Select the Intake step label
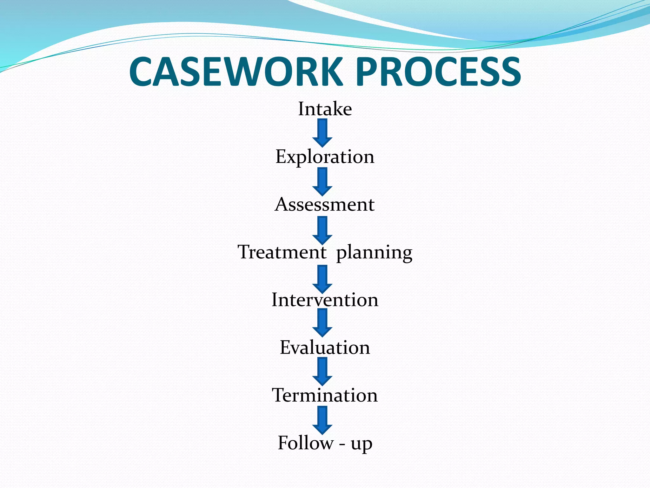tap(325, 109)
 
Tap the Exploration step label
tap(325, 157)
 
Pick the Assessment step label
tap(324, 204)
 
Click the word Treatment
tap(282, 252)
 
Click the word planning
tap(374, 253)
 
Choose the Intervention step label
tap(325, 300)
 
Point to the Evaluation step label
tap(325, 348)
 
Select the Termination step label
tap(325, 395)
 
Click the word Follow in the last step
tap(305, 443)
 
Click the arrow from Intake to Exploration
tap(322, 133)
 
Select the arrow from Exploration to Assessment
tap(322, 181)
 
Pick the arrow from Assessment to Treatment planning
tap(322, 230)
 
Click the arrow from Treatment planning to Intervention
tap(322, 279)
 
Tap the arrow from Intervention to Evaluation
tap(322, 322)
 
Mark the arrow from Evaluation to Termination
tap(322, 371)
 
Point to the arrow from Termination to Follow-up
tap(322, 420)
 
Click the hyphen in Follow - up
tap(342, 444)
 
